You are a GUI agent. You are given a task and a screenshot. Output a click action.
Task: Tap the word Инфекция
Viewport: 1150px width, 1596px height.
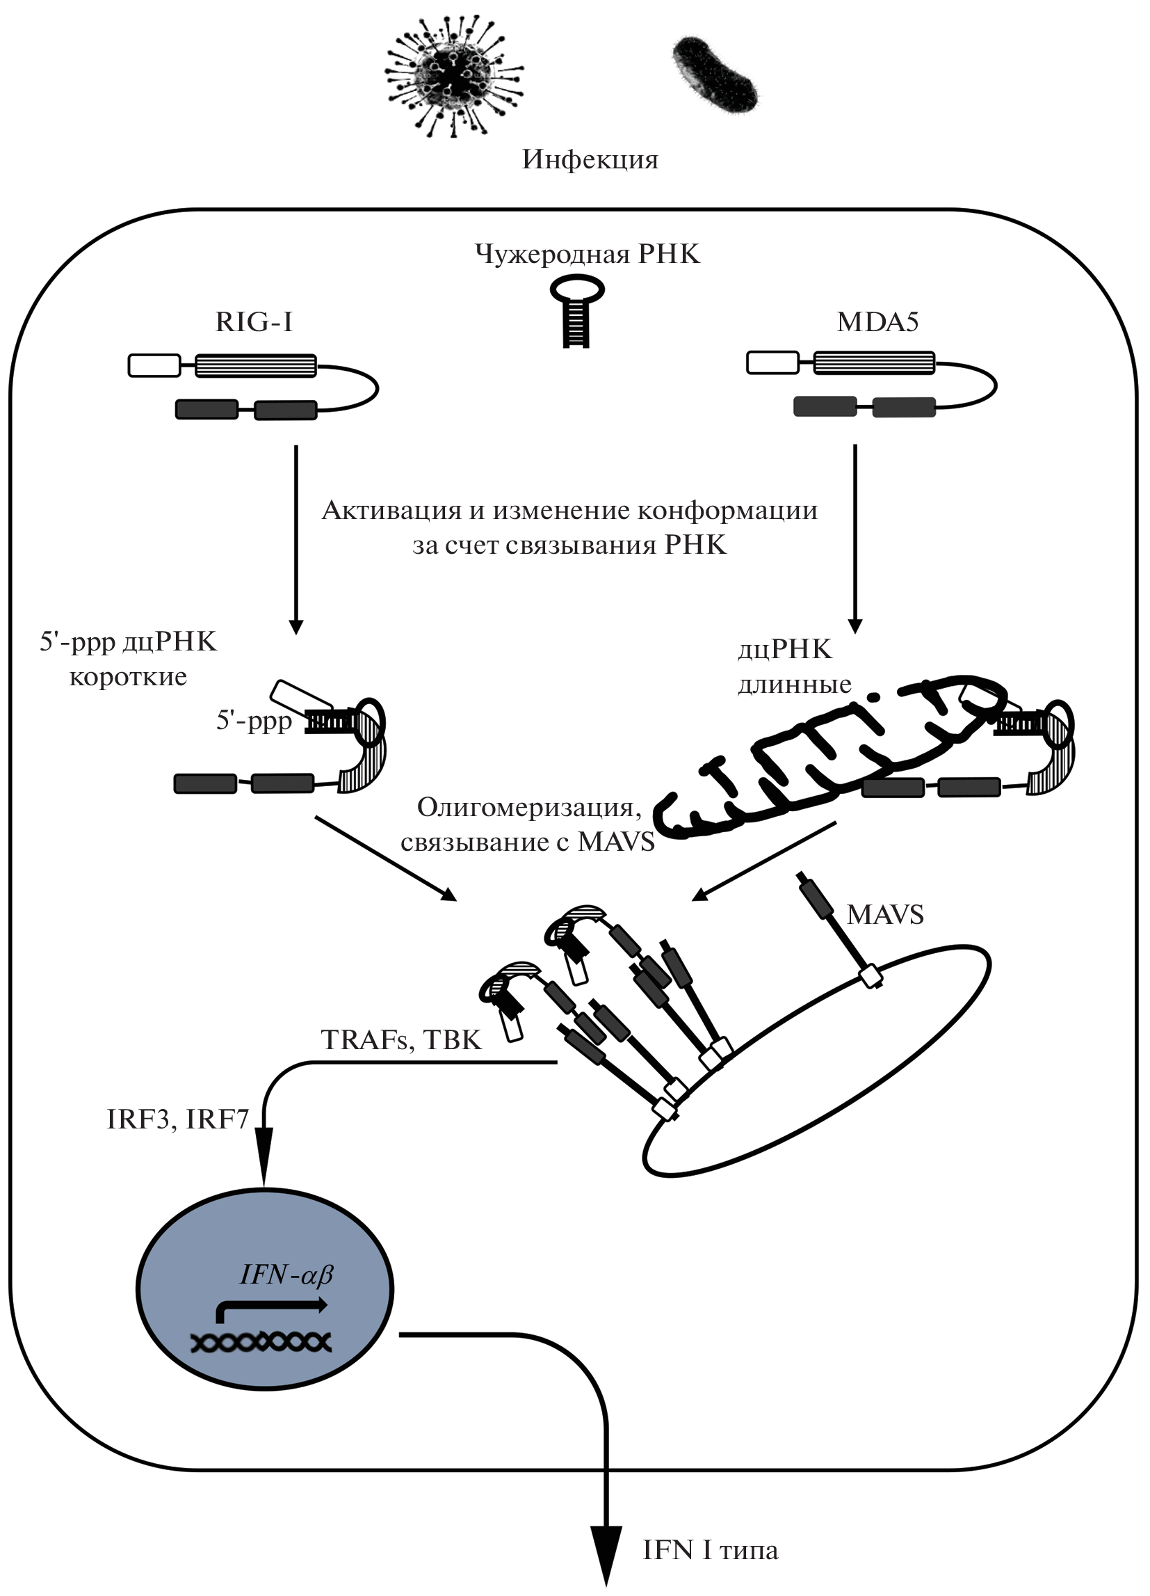[590, 160]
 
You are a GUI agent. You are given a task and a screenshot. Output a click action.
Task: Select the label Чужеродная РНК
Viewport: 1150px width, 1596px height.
[588, 253]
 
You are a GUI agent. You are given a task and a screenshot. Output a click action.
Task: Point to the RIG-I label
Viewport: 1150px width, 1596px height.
[254, 321]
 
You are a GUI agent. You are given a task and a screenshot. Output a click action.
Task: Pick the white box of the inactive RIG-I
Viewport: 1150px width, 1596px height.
[154, 366]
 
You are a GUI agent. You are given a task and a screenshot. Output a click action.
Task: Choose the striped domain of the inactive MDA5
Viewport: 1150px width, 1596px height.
[874, 363]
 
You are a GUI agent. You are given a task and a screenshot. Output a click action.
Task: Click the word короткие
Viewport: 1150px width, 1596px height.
[128, 677]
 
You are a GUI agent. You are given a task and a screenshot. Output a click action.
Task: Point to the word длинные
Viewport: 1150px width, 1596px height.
[794, 684]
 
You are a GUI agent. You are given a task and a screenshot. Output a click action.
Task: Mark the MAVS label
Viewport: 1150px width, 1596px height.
[885, 914]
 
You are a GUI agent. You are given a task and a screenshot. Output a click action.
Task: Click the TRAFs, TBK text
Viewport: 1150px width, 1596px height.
[401, 1040]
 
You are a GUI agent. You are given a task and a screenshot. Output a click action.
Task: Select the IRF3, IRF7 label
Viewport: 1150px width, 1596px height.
[178, 1119]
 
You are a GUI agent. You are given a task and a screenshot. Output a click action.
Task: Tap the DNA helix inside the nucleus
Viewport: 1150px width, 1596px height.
[261, 1342]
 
